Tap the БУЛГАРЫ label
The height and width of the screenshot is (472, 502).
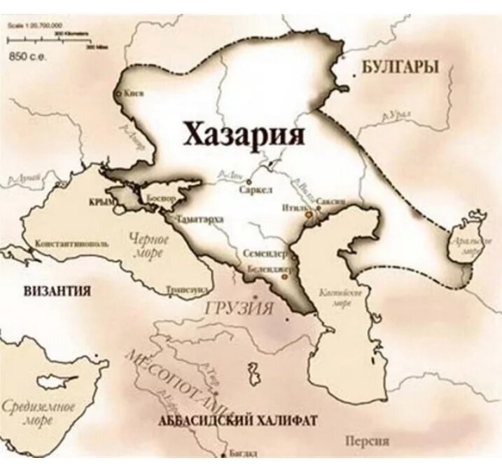(400, 67)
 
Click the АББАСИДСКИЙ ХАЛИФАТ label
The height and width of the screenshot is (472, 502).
(238, 420)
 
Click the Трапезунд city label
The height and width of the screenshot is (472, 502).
(187, 288)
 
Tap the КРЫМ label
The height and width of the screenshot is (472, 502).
(102, 202)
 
